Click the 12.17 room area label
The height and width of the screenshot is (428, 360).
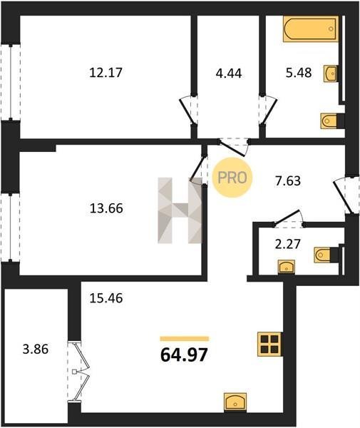[106, 73]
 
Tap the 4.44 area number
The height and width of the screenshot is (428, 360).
[229, 73]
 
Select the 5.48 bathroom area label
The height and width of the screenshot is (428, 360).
[299, 73]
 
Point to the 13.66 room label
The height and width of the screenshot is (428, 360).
[106, 208]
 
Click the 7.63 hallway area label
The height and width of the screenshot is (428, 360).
[288, 181]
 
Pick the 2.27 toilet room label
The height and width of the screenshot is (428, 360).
[288, 244]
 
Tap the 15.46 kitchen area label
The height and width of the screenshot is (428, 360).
[106, 298]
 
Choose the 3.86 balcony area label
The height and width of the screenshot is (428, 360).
[36, 349]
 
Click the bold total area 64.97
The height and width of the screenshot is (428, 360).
[184, 355]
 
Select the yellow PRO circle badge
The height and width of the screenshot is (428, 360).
[232, 178]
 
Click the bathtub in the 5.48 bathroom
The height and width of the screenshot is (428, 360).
[311, 29]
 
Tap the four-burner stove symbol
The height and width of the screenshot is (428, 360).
[269, 345]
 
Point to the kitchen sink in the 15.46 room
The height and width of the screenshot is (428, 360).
[235, 402]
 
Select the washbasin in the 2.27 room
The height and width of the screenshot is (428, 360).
[287, 267]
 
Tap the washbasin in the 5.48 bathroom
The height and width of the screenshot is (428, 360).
[331, 73]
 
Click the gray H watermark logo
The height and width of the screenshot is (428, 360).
[180, 210]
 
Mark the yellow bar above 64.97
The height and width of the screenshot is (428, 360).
[185, 339]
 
